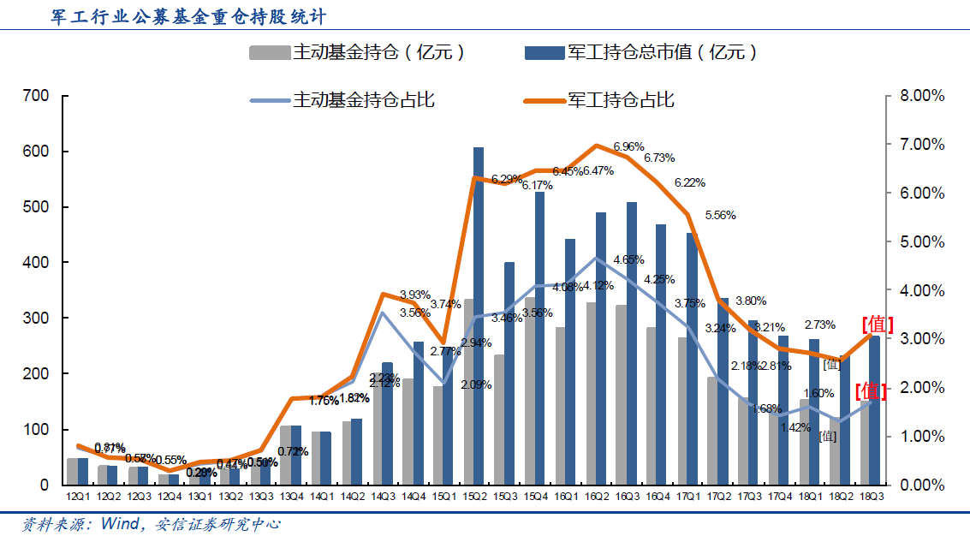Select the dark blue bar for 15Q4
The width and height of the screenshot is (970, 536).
[540, 337]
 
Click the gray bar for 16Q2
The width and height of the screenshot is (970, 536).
[591, 393]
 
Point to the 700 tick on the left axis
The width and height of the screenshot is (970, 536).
[36, 96]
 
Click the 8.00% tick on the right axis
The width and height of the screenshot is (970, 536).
[921, 96]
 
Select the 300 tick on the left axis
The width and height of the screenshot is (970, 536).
[36, 318]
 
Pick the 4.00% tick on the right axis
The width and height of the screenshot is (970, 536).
[921, 290]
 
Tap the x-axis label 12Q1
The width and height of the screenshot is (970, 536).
[78, 497]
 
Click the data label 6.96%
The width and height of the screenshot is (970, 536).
[629, 146]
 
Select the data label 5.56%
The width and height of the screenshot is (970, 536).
[720, 215]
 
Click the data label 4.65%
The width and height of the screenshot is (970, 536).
[628, 259]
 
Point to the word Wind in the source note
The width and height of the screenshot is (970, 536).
[119, 523]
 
